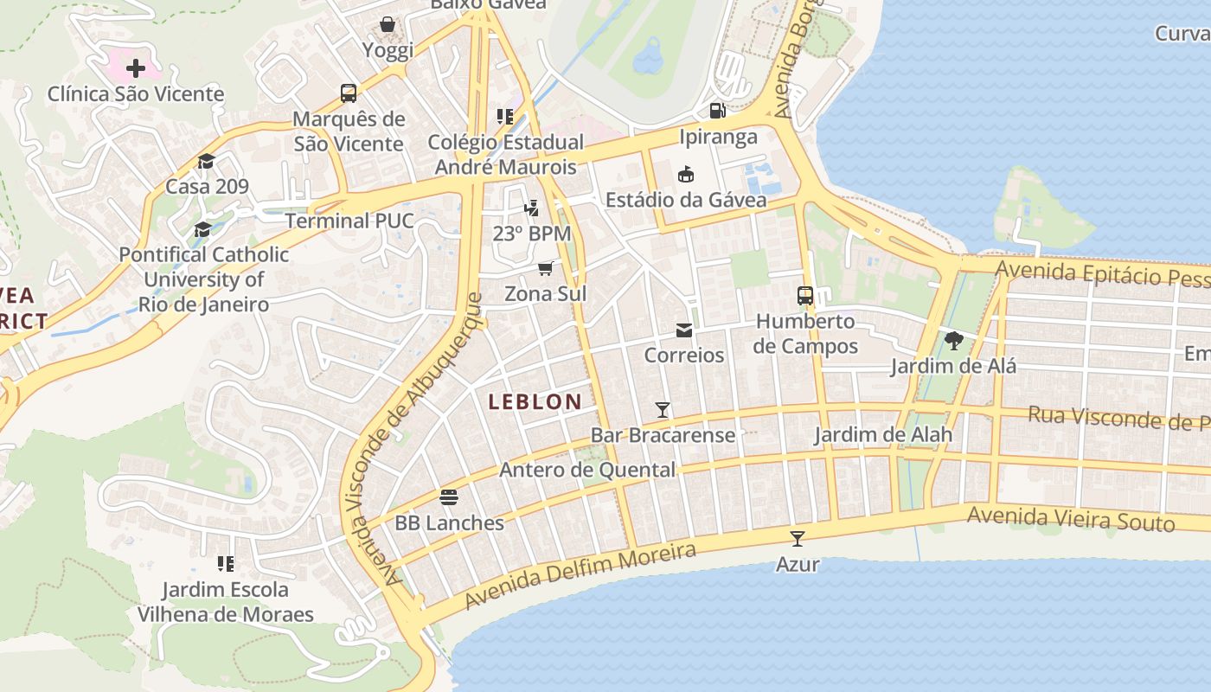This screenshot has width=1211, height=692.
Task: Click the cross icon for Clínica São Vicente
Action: click(136, 67)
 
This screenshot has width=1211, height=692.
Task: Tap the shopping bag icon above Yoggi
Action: click(388, 24)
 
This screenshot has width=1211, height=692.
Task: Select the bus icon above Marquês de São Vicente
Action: click(349, 93)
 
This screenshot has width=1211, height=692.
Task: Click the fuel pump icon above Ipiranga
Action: click(717, 110)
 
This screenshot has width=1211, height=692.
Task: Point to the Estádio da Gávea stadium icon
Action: click(686, 174)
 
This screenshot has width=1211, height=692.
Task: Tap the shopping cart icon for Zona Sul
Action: click(545, 268)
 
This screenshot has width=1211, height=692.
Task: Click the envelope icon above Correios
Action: click(684, 330)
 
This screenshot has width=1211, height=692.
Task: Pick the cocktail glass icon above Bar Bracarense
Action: click(663, 409)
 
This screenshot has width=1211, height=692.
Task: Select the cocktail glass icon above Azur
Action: click(798, 538)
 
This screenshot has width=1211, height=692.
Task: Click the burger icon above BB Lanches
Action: click(448, 497)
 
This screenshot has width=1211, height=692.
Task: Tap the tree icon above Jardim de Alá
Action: click(954, 341)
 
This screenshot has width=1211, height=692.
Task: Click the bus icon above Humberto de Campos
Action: click(805, 296)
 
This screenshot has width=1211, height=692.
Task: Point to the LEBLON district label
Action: click(535, 401)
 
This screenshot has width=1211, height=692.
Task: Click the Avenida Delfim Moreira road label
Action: click(580, 575)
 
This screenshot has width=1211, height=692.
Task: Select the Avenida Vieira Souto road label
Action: click(1071, 518)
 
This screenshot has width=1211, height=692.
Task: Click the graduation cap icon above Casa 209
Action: click(206, 161)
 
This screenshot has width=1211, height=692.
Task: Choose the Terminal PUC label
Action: click(349, 221)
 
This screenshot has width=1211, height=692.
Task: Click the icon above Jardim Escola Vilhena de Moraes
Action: click(226, 564)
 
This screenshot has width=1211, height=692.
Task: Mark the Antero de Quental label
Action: click(587, 470)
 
